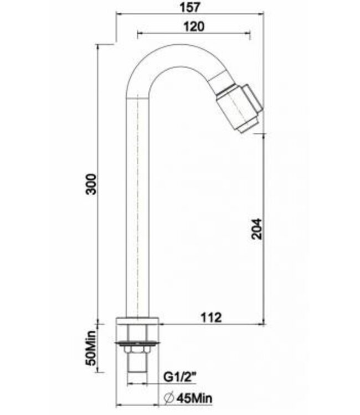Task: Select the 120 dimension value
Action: (192, 26)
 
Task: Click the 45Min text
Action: (193, 397)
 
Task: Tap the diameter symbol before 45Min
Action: (169, 397)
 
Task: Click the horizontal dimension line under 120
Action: (192, 34)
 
